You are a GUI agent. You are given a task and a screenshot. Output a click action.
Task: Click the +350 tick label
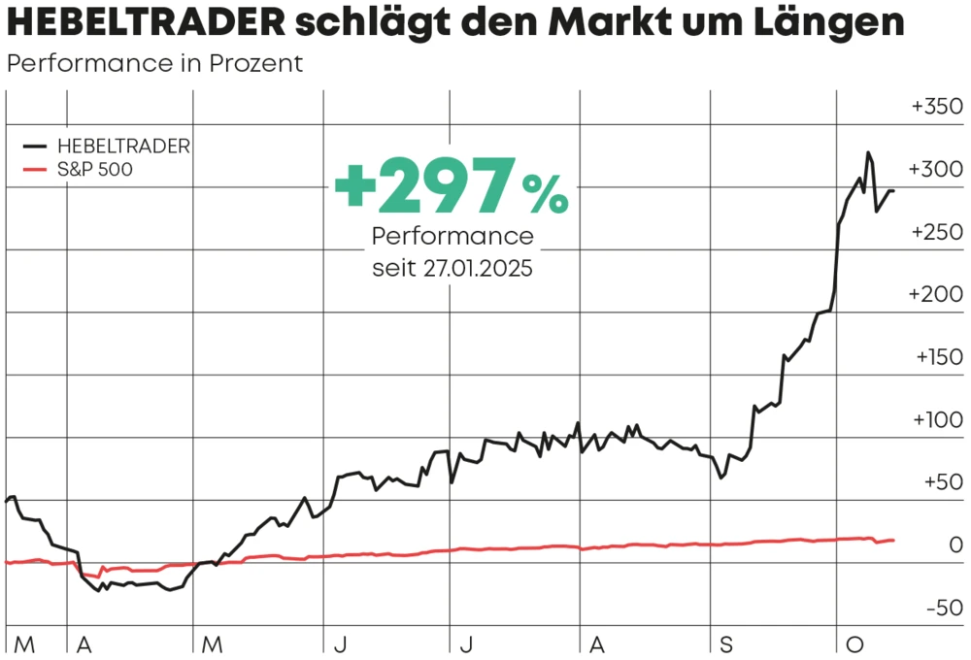click(x=937, y=108)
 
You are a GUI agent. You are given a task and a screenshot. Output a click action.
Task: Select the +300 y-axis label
click(x=937, y=170)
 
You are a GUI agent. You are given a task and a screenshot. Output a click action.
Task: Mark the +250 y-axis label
click(x=937, y=233)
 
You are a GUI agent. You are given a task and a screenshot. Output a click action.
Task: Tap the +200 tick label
click(x=937, y=295)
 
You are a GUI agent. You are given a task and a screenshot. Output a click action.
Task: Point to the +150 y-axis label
click(x=937, y=358)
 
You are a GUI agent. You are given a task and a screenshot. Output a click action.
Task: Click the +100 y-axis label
click(x=937, y=421)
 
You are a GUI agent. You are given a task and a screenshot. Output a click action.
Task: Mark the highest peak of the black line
click(x=868, y=153)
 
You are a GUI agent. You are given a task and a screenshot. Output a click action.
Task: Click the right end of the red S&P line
click(x=893, y=540)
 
